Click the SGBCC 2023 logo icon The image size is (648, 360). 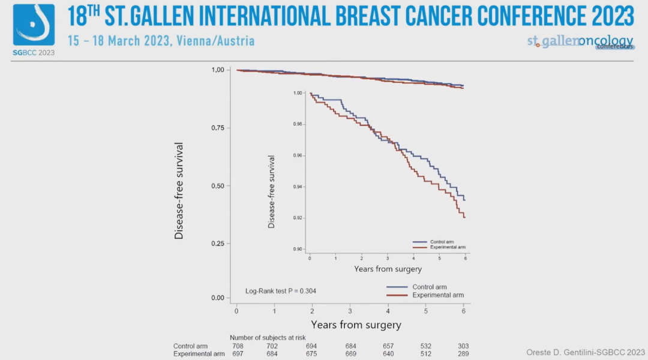[x=34, y=26]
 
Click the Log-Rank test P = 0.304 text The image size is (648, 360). [x=281, y=291]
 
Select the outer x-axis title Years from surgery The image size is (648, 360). [x=356, y=325]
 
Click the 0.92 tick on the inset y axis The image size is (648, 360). [x=297, y=218]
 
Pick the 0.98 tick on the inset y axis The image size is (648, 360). [x=297, y=124]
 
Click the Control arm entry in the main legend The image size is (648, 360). [x=430, y=287]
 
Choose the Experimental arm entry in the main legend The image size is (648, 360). [x=438, y=295]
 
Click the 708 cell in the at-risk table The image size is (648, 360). [x=238, y=346]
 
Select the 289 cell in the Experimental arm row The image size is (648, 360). [x=462, y=354]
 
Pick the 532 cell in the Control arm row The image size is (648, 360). [x=424, y=346]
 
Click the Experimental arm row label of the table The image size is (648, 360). [x=199, y=354]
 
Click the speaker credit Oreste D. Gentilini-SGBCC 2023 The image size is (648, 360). [x=585, y=352]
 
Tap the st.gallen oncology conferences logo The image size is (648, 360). [x=580, y=41]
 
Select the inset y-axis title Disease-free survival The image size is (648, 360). [x=272, y=191]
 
